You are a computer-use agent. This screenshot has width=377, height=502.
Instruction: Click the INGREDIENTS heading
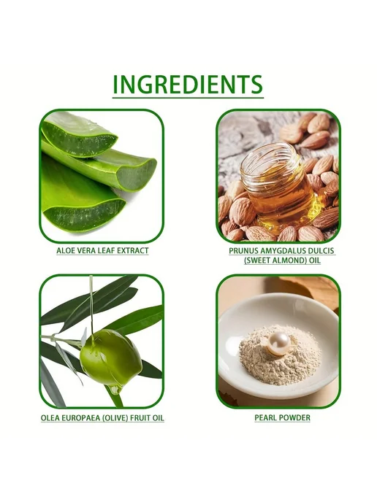click(x=188, y=85)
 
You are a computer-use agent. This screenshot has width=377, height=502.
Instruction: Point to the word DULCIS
click(x=321, y=251)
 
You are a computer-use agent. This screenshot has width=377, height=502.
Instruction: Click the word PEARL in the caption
click(x=264, y=417)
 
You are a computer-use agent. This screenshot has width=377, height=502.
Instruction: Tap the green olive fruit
click(x=110, y=357)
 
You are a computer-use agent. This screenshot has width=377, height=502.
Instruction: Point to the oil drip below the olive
click(x=115, y=390)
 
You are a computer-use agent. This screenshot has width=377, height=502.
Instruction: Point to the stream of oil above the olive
click(x=91, y=304)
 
